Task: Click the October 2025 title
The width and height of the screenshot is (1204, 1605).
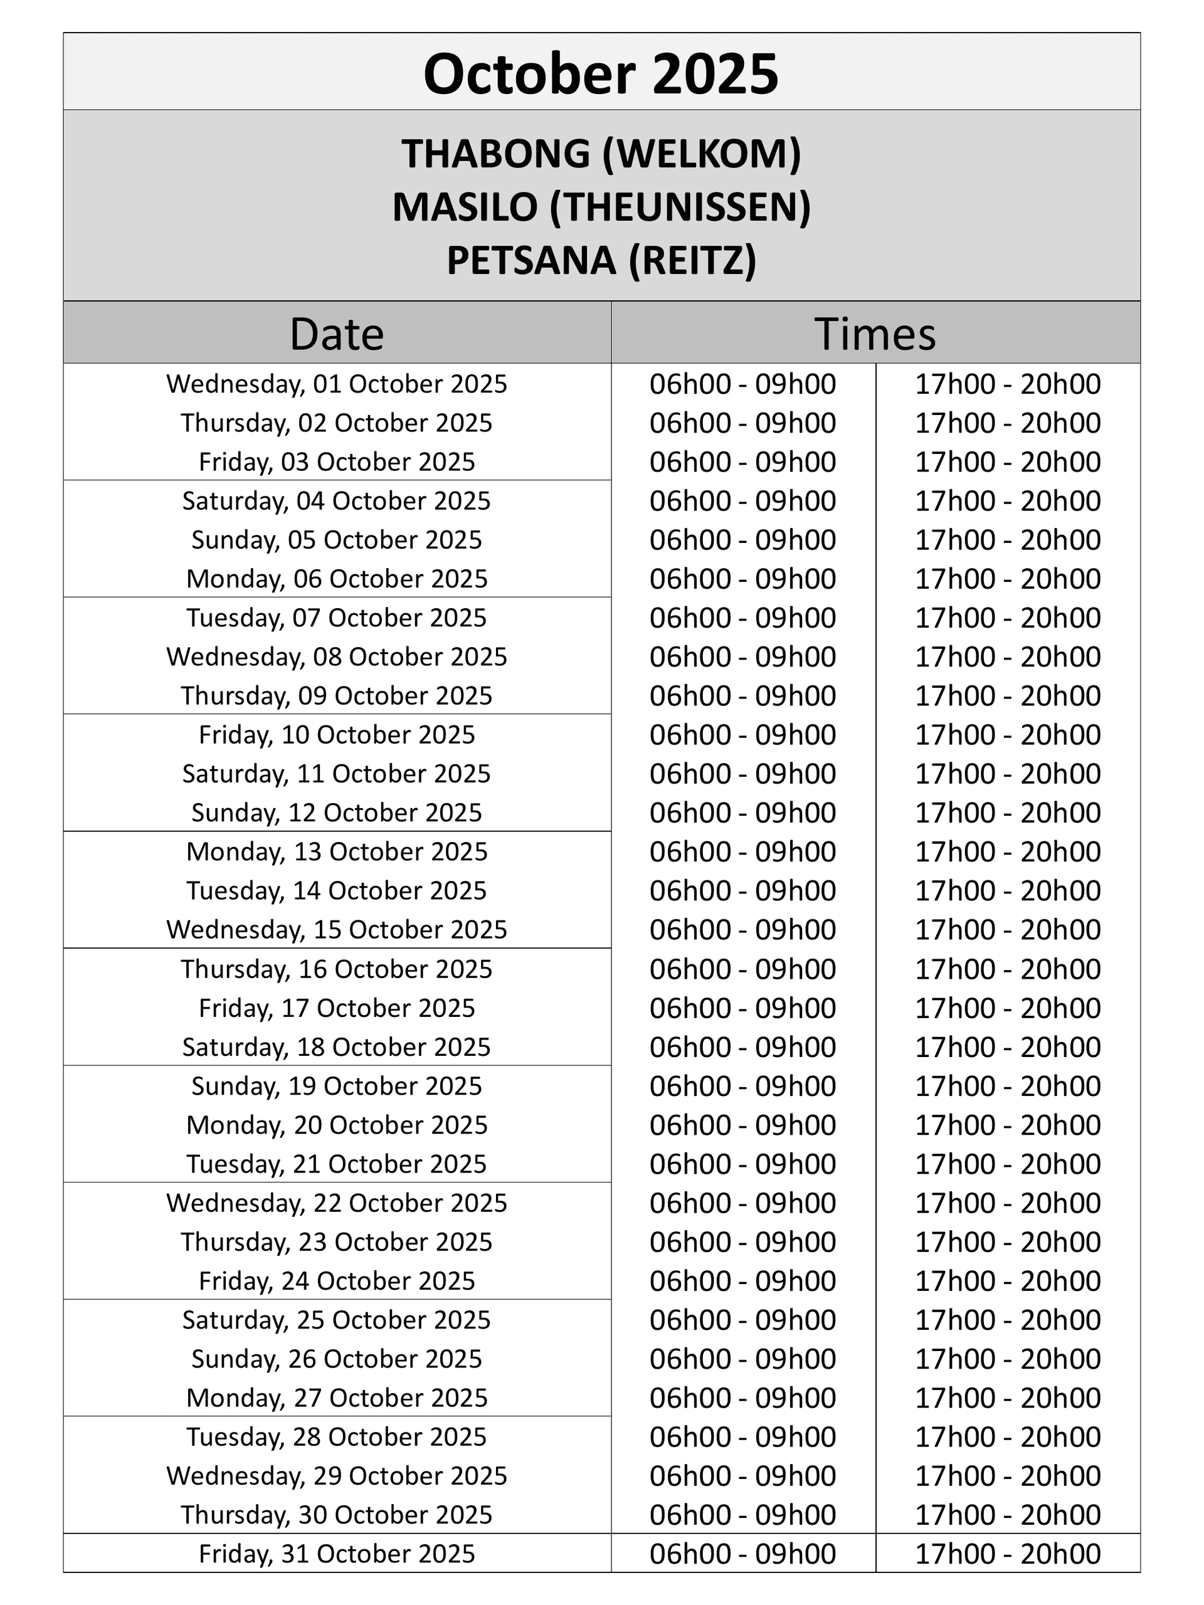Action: [x=601, y=73]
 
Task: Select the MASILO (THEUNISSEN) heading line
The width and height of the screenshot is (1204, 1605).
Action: [x=601, y=207]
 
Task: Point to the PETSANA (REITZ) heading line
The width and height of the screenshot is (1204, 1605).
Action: [x=601, y=260]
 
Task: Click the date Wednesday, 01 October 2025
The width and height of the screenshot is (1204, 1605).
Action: [x=337, y=384]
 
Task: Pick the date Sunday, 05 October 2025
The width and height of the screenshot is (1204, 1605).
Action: [x=337, y=540]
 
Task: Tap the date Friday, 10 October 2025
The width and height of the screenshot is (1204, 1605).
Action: [x=337, y=734]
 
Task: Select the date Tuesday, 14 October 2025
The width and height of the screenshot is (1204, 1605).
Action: [x=337, y=890]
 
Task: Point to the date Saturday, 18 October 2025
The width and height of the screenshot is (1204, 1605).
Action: [x=337, y=1047]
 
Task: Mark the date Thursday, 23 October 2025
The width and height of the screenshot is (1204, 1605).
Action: [x=337, y=1241]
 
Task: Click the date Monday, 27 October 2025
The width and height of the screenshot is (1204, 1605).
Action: [x=337, y=1397]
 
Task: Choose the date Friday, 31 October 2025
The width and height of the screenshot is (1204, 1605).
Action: [x=337, y=1554]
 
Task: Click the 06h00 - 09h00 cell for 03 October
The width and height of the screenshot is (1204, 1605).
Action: [x=742, y=461]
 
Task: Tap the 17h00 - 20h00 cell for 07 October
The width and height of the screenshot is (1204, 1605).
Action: [x=1007, y=618]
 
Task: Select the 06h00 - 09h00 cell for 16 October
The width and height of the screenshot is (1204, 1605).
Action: [x=742, y=969]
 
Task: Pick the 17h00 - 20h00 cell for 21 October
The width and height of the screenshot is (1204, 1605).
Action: [x=1007, y=1164]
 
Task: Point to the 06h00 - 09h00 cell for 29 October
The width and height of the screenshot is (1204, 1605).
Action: [x=742, y=1476]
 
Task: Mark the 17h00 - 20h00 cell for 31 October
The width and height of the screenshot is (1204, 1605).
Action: [x=1007, y=1554]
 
